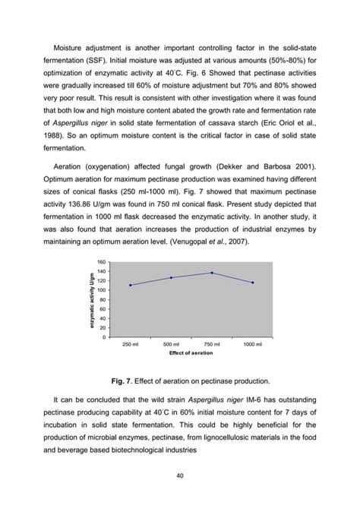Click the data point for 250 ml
tap(130, 285)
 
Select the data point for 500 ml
tap(171, 277)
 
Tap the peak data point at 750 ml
tap(212, 273)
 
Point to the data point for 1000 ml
tap(253, 283)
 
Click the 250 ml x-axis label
tap(130, 345)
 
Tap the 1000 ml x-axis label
tap(253, 345)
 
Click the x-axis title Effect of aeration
tap(191, 355)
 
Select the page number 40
tap(179, 476)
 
